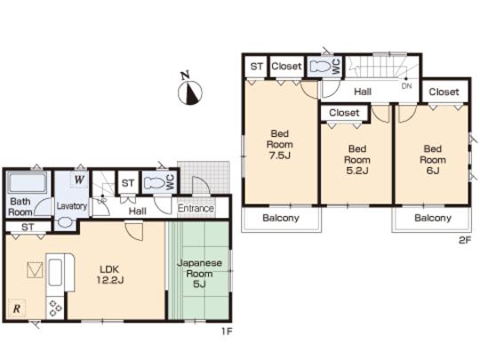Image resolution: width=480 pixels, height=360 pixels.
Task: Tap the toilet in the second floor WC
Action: (319, 66)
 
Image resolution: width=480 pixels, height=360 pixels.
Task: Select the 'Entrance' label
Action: (196, 210)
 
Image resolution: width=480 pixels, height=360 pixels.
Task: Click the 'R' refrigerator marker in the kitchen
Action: (17, 308)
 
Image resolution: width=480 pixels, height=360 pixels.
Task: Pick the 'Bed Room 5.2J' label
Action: (357, 159)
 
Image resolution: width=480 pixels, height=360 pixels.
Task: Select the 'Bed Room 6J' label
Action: (432, 159)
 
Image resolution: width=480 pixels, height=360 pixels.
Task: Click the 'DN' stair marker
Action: (406, 85)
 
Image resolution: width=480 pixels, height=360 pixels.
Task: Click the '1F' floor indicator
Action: (228, 331)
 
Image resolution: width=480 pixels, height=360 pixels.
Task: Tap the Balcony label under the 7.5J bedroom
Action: (280, 218)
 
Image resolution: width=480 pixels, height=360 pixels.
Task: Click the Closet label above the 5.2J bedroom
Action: (344, 113)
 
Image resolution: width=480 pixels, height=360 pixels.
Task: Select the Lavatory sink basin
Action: (64, 222)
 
